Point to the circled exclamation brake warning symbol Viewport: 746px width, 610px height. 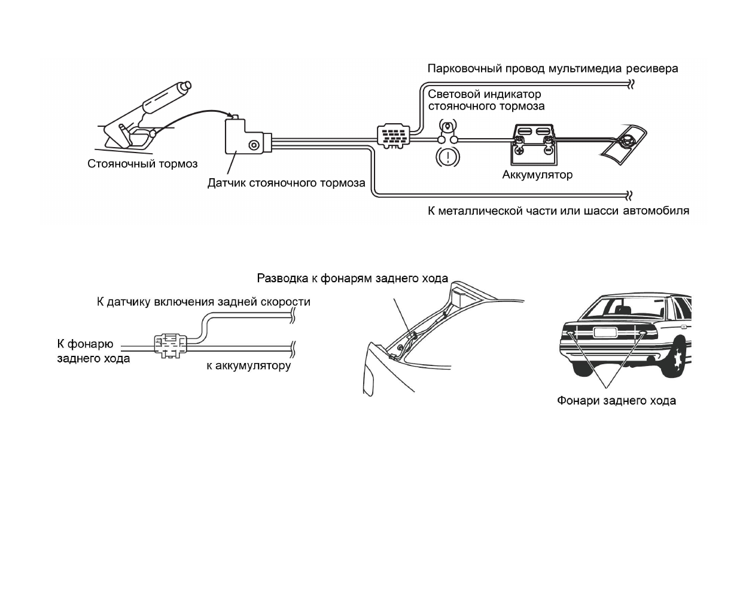(447, 157)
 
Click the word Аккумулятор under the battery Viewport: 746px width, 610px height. (537, 175)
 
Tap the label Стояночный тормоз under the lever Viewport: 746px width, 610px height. (142, 163)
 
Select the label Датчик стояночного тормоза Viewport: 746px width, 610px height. (286, 183)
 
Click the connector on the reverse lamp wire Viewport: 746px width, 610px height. (170, 345)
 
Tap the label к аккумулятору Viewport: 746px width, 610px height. (248, 365)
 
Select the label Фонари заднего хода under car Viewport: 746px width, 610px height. (616, 401)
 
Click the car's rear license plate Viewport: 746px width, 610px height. (603, 333)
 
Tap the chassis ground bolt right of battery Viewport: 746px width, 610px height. (626, 142)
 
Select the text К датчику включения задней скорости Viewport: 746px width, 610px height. (203, 301)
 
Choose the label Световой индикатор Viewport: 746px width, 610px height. (484, 94)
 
